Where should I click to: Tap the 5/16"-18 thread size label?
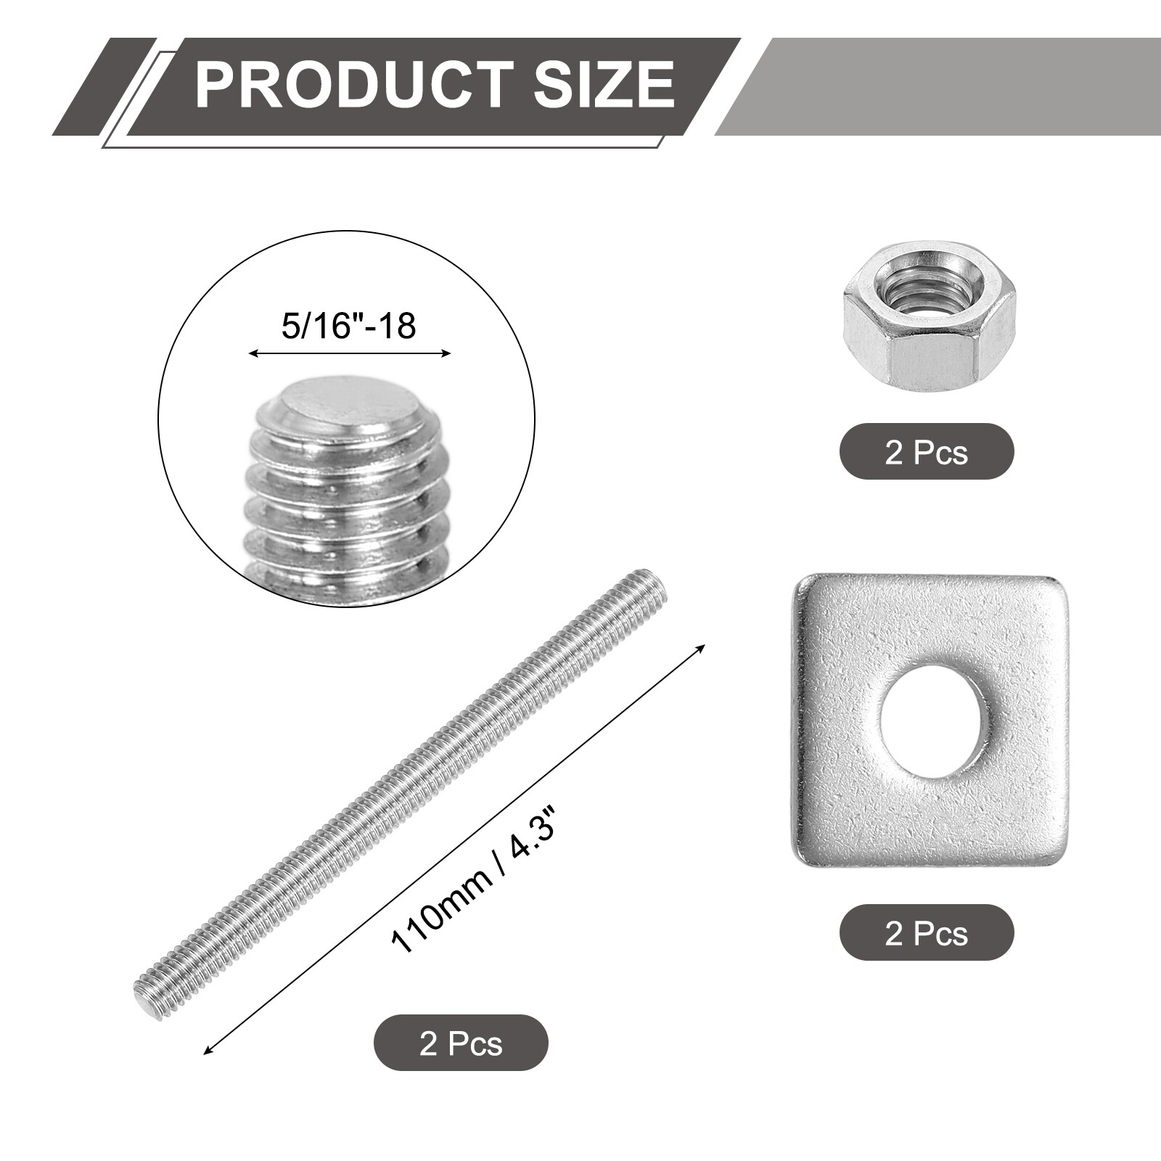point(348,326)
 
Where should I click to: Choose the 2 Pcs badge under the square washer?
point(927,932)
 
